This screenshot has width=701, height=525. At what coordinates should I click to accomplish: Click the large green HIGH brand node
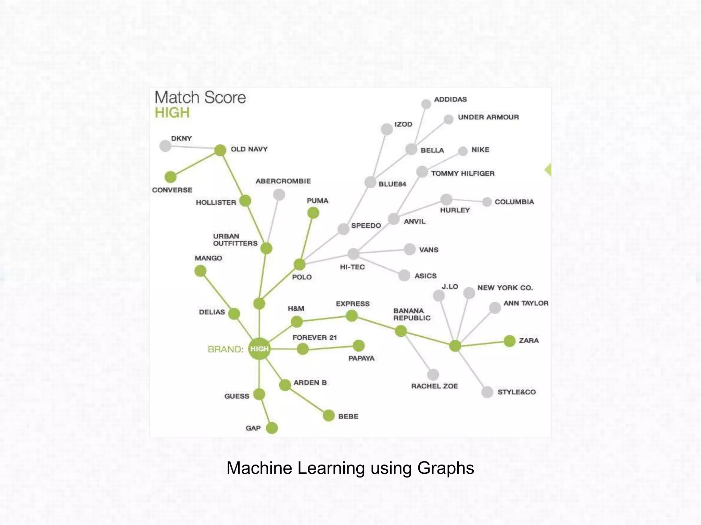coord(259,349)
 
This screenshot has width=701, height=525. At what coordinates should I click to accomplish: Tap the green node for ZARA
coord(509,341)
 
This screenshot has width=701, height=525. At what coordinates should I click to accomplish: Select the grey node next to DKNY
coord(165,146)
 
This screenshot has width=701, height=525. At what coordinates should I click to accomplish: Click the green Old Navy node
coord(220,150)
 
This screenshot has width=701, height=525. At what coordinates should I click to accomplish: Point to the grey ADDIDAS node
coord(426,104)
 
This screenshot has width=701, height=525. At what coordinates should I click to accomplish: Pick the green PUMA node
coord(313,213)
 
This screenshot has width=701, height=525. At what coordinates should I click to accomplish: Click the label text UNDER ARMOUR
coord(488,117)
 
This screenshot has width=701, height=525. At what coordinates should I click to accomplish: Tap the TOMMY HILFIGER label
coord(463,173)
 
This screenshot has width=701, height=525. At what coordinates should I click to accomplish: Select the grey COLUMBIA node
coord(487,202)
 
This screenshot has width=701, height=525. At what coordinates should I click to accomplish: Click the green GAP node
coord(272,428)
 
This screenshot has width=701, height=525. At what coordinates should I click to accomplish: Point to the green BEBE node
coord(329,416)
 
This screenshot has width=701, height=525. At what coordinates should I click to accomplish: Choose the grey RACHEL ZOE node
coord(433,375)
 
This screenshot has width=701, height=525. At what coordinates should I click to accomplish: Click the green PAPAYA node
coord(358,346)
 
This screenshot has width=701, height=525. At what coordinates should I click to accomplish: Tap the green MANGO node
coord(200,271)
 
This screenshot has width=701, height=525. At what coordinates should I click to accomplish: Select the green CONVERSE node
coord(170,177)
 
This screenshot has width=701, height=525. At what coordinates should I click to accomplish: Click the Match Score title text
coord(200,97)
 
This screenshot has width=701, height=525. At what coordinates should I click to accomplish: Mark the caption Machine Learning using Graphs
coord(350,468)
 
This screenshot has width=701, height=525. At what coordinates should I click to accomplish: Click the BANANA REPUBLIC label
coord(412,314)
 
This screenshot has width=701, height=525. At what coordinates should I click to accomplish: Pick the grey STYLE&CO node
coord(487,392)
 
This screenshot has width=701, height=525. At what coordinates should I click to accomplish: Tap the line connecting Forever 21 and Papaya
coord(331,348)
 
